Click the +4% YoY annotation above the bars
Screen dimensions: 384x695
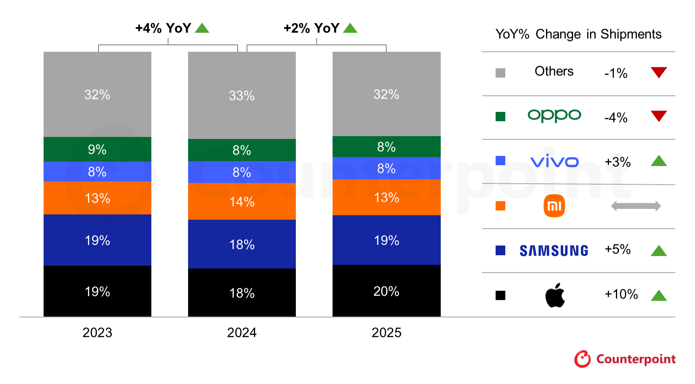tap(163, 28)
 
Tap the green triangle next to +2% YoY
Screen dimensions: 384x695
tap(350, 28)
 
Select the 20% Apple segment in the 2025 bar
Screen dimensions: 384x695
tap(386, 291)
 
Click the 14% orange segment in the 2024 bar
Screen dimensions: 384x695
tap(242, 201)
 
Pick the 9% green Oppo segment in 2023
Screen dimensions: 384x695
tap(97, 149)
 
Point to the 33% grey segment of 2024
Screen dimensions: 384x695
tap(242, 96)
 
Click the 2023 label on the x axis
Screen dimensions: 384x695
tap(97, 332)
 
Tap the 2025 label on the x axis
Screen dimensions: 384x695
tap(386, 332)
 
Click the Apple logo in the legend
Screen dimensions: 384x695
tap(555, 295)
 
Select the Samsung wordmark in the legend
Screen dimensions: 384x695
tap(554, 251)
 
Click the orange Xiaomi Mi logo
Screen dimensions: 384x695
tap(554, 206)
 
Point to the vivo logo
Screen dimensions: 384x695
tap(554, 162)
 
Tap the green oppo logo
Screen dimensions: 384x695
tap(554, 116)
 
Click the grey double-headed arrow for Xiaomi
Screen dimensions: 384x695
tap(636, 206)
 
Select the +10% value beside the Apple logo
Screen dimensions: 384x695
tap(621, 294)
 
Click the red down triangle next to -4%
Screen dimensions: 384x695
tap(659, 115)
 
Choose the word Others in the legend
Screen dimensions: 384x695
tap(554, 71)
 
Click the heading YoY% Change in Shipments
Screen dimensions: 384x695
tap(578, 34)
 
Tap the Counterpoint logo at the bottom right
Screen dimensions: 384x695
tap(625, 359)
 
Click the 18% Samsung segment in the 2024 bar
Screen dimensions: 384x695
tap(242, 244)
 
